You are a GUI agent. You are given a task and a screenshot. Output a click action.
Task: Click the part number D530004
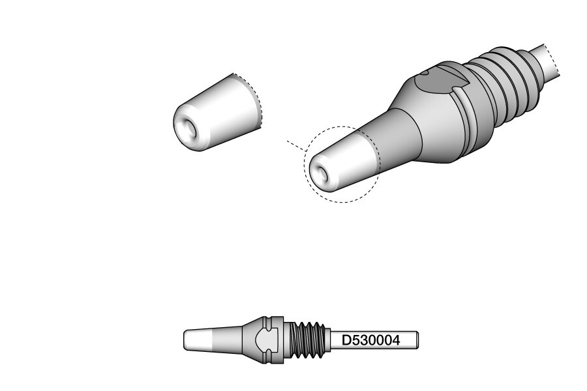[x=370, y=340]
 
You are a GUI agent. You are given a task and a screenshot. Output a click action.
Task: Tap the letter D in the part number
[x=346, y=340]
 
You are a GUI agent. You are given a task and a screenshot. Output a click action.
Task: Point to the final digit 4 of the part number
[x=396, y=340]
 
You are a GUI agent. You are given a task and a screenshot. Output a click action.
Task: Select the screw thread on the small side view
[x=307, y=340]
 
